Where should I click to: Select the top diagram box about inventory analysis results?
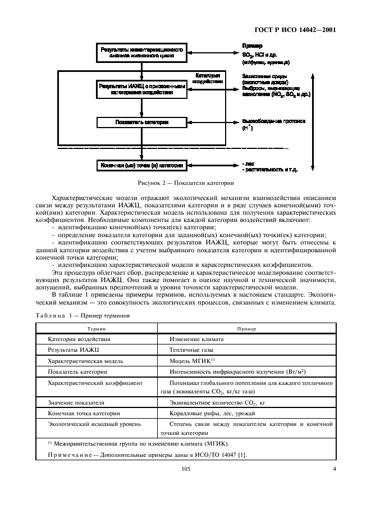[x=141, y=52]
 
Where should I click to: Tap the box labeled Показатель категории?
[x=141, y=121]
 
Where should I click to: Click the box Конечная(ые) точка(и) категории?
[x=141, y=166]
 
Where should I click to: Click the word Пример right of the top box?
[x=251, y=45]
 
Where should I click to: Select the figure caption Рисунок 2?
[x=185, y=183]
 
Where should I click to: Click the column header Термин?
[x=96, y=328]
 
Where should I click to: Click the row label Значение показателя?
[x=76, y=403]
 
